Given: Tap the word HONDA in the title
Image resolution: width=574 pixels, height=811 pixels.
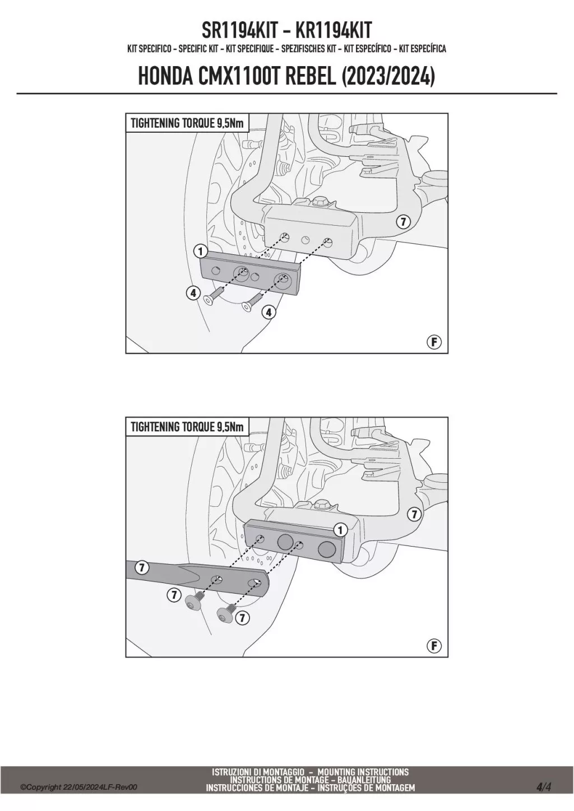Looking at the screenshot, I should [x=166, y=77].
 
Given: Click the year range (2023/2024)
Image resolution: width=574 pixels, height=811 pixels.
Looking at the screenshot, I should [x=387, y=77].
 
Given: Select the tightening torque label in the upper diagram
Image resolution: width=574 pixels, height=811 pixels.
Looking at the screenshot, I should [x=187, y=123].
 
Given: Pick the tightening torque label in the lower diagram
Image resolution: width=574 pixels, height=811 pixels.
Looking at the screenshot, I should [x=187, y=427].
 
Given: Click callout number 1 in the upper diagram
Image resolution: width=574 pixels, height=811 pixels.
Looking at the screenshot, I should [x=200, y=250].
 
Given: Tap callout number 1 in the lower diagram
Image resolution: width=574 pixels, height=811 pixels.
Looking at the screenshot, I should [x=339, y=529].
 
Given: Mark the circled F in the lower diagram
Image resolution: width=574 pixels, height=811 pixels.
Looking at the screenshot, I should [x=434, y=646].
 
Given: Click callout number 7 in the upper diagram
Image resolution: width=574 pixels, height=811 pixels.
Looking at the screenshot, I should [x=402, y=221].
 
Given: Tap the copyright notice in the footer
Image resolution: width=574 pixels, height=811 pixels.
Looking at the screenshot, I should [x=78, y=787].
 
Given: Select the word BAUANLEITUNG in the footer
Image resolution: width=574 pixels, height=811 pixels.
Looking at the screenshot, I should [x=364, y=780].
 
